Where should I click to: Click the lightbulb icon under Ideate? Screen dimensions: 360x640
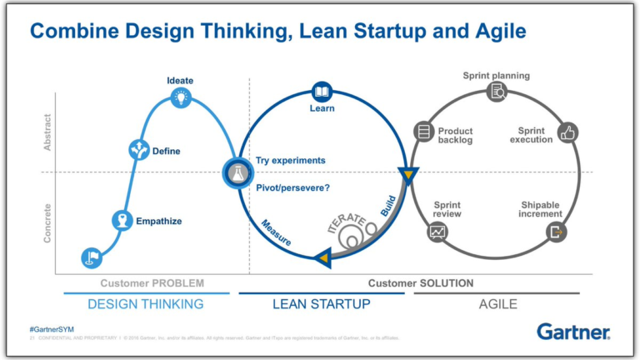[x=180, y=97]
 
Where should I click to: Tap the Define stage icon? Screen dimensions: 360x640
[x=137, y=150]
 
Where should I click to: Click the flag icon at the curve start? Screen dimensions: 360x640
[x=92, y=257]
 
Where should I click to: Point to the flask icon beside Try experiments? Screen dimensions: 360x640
[x=236, y=173]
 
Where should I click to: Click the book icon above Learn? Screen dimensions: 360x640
[x=322, y=91]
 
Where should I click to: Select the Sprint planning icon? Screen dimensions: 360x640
[x=497, y=92]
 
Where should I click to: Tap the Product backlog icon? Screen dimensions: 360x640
[x=424, y=132]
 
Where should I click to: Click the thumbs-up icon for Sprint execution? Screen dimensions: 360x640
[x=568, y=132]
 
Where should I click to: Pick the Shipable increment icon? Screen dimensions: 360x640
[x=556, y=232]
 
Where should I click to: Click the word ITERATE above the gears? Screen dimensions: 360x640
[x=347, y=224]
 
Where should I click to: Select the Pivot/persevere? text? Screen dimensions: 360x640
[x=292, y=187]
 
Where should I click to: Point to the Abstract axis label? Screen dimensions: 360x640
[x=47, y=132]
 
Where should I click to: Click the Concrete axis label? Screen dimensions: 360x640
[x=47, y=222]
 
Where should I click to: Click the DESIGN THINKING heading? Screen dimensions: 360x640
[x=146, y=304]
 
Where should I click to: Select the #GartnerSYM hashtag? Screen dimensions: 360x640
[x=52, y=330]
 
